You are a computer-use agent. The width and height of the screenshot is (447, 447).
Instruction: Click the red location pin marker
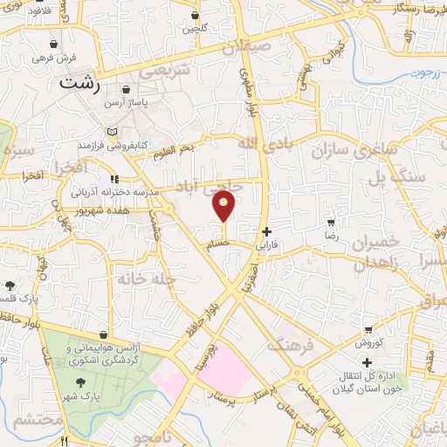224,207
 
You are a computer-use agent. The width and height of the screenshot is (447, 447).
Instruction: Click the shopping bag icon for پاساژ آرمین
127,89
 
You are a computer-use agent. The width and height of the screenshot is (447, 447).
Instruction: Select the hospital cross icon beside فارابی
266,231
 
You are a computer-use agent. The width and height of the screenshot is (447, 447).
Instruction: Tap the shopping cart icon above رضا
330,222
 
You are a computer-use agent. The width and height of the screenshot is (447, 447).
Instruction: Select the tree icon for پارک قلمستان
10,285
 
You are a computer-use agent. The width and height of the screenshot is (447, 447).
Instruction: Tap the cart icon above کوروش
368,329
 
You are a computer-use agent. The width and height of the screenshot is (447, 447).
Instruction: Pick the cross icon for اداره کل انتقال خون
367,361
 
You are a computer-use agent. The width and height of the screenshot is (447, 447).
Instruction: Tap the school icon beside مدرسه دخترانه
114,180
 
